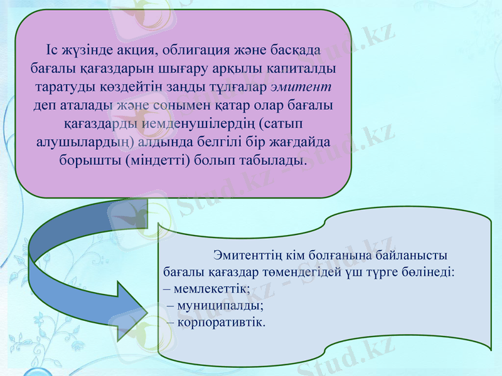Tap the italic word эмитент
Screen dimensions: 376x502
coord(305,85)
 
